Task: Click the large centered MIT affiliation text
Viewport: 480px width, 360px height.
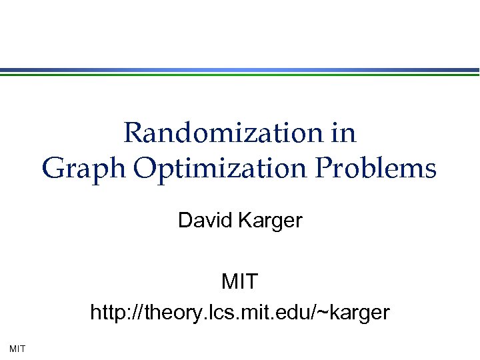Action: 239,282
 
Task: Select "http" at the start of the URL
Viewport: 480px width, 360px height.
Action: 107,311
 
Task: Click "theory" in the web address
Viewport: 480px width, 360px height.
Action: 167,312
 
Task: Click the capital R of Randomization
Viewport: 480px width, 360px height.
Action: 133,133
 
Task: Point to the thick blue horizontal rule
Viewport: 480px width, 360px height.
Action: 240,70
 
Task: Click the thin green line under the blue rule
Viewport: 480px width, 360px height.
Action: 240,75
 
